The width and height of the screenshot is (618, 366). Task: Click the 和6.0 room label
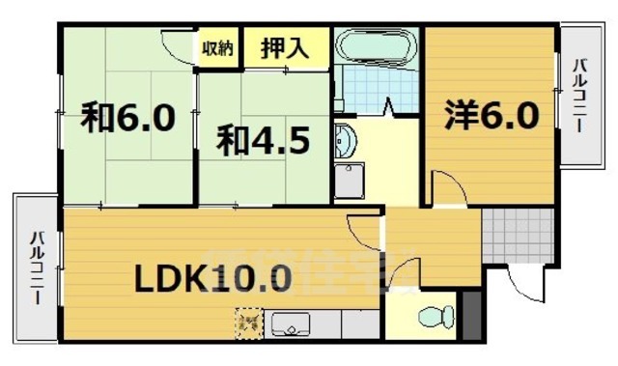coord(127,118)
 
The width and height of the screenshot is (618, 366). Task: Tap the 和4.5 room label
coord(262,141)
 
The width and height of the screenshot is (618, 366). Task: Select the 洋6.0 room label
coord(491,116)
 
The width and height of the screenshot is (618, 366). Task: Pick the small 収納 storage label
coord(217,47)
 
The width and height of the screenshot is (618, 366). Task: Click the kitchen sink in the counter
coord(291,324)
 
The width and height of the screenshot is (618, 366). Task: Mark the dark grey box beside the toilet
coord(471,314)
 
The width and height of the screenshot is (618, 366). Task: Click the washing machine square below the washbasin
coord(350,181)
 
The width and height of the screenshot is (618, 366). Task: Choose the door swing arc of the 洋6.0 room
coord(444,185)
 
